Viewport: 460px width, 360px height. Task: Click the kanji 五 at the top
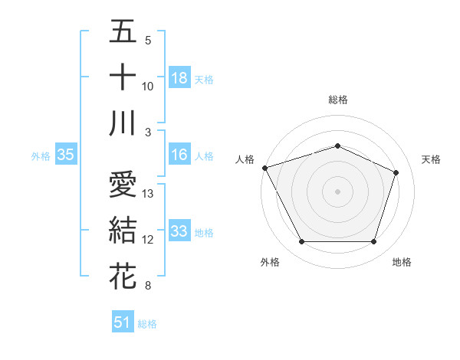click(123, 32)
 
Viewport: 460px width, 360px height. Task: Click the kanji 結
click(123, 231)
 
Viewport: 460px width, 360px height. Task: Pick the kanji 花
click(123, 277)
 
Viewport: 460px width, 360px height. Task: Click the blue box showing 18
click(179, 77)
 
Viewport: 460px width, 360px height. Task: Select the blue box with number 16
click(179, 155)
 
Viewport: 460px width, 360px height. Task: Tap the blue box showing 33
click(179, 231)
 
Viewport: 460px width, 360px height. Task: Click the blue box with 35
click(65, 155)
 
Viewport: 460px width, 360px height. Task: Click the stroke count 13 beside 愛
click(149, 194)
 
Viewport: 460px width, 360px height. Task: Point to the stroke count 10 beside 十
click(149, 87)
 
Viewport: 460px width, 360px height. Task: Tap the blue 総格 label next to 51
click(147, 324)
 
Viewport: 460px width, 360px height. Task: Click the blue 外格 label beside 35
click(41, 156)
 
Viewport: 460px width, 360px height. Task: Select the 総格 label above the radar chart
click(337, 100)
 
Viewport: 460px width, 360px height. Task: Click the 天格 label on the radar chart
click(431, 159)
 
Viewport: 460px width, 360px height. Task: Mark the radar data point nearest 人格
click(264, 168)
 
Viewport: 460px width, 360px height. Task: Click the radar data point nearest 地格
click(373, 242)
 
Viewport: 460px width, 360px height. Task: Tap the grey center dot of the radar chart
click(337, 191)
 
